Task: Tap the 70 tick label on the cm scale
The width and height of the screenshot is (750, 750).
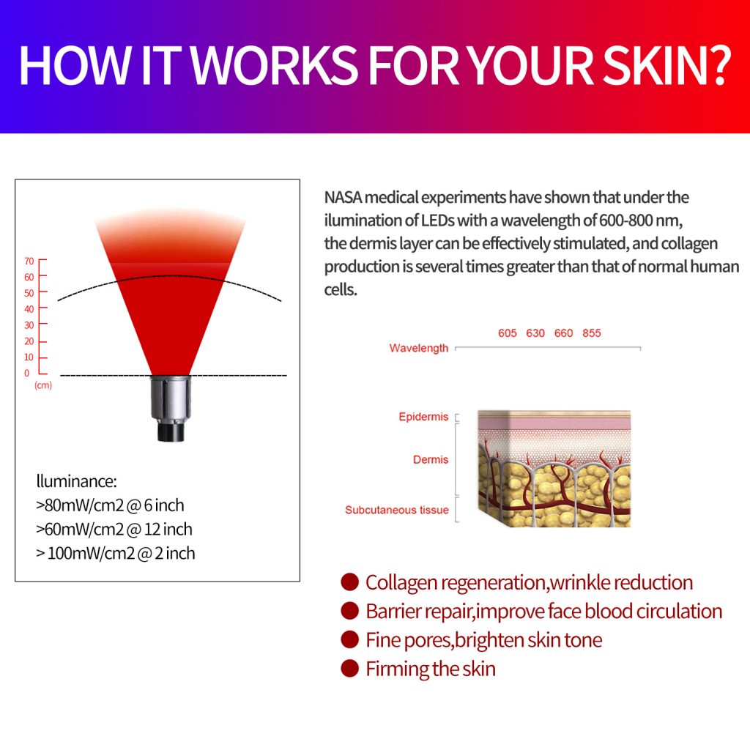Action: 29,261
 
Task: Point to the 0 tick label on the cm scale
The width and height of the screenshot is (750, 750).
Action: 27,373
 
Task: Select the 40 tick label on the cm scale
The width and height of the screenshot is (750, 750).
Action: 29,309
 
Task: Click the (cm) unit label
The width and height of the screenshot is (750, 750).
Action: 43,385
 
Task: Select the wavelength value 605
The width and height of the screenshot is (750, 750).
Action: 508,333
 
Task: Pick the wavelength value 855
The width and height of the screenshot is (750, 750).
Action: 592,333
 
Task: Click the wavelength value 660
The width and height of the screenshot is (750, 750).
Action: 563,333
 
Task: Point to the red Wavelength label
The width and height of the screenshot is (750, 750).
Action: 419,348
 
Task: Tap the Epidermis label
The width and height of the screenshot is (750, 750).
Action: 424,417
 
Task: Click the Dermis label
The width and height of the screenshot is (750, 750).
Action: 431,460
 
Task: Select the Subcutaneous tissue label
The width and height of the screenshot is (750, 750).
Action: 397,510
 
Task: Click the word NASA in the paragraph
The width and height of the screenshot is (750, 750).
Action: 343,197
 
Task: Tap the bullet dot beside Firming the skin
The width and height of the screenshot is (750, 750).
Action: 350,668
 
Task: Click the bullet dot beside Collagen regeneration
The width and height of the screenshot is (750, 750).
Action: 350,582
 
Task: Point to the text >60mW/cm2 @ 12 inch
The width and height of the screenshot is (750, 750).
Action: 114,530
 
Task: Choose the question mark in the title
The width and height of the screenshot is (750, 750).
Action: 719,65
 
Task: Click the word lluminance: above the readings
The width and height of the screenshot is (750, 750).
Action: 76,481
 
